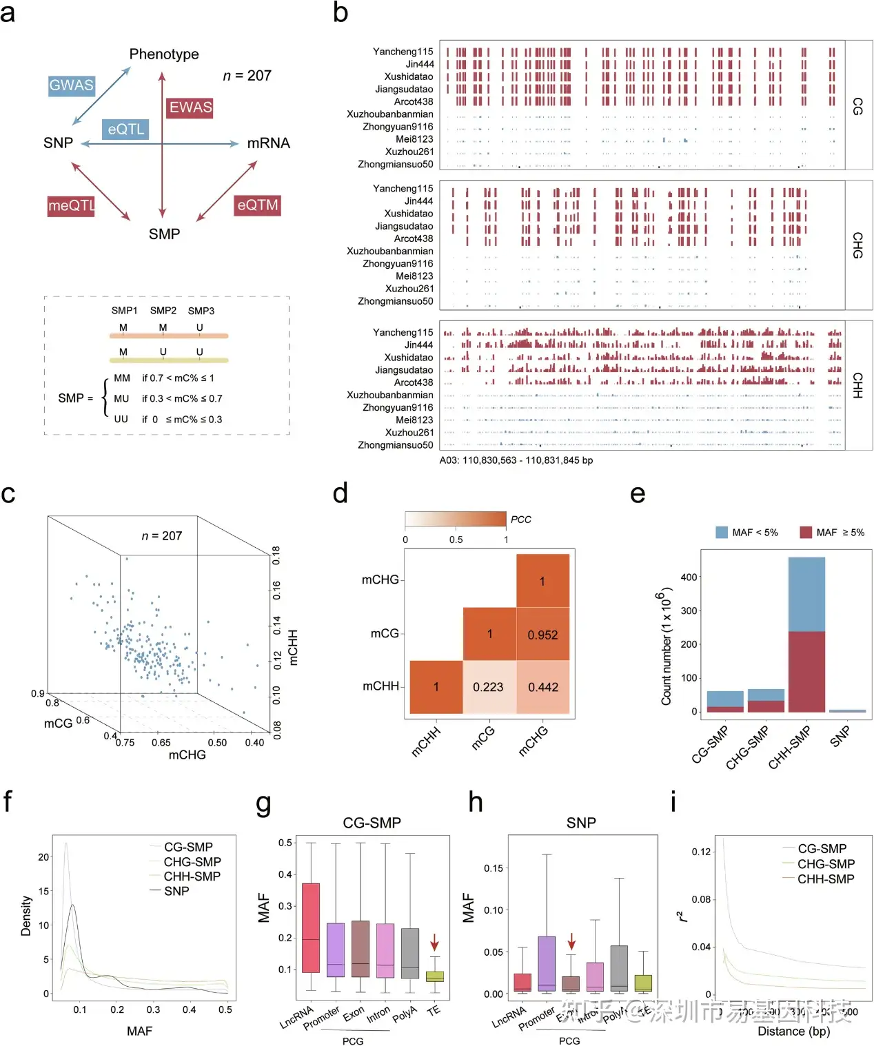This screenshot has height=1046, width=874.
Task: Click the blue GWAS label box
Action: coord(71,85)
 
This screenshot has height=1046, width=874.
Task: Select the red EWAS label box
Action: coord(190,107)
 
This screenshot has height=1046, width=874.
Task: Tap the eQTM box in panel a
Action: coord(257,205)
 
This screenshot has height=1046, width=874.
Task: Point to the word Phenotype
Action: coord(164,54)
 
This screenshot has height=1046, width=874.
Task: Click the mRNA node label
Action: coord(268,143)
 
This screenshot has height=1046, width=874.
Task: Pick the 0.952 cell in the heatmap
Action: coord(542,635)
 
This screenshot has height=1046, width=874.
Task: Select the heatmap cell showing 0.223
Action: coord(488,687)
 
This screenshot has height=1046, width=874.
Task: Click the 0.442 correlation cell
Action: coord(542,687)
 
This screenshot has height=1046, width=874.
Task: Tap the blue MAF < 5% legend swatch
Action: coord(722,532)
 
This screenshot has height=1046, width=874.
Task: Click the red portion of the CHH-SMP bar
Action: coord(806,672)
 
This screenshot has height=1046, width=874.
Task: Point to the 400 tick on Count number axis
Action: coord(689,577)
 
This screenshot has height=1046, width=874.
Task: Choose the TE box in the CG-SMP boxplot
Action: coord(434,976)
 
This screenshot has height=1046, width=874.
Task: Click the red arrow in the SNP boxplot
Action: coord(571,942)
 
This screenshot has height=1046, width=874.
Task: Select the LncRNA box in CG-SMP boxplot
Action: coord(311,927)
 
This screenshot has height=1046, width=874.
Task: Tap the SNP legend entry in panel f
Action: coord(176,891)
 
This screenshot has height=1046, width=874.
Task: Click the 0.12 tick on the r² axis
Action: coord(700,852)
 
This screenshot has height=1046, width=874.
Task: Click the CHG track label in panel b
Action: coord(857,245)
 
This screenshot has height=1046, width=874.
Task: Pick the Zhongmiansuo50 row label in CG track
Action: coord(396,165)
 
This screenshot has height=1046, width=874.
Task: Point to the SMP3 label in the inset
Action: coord(201,311)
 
